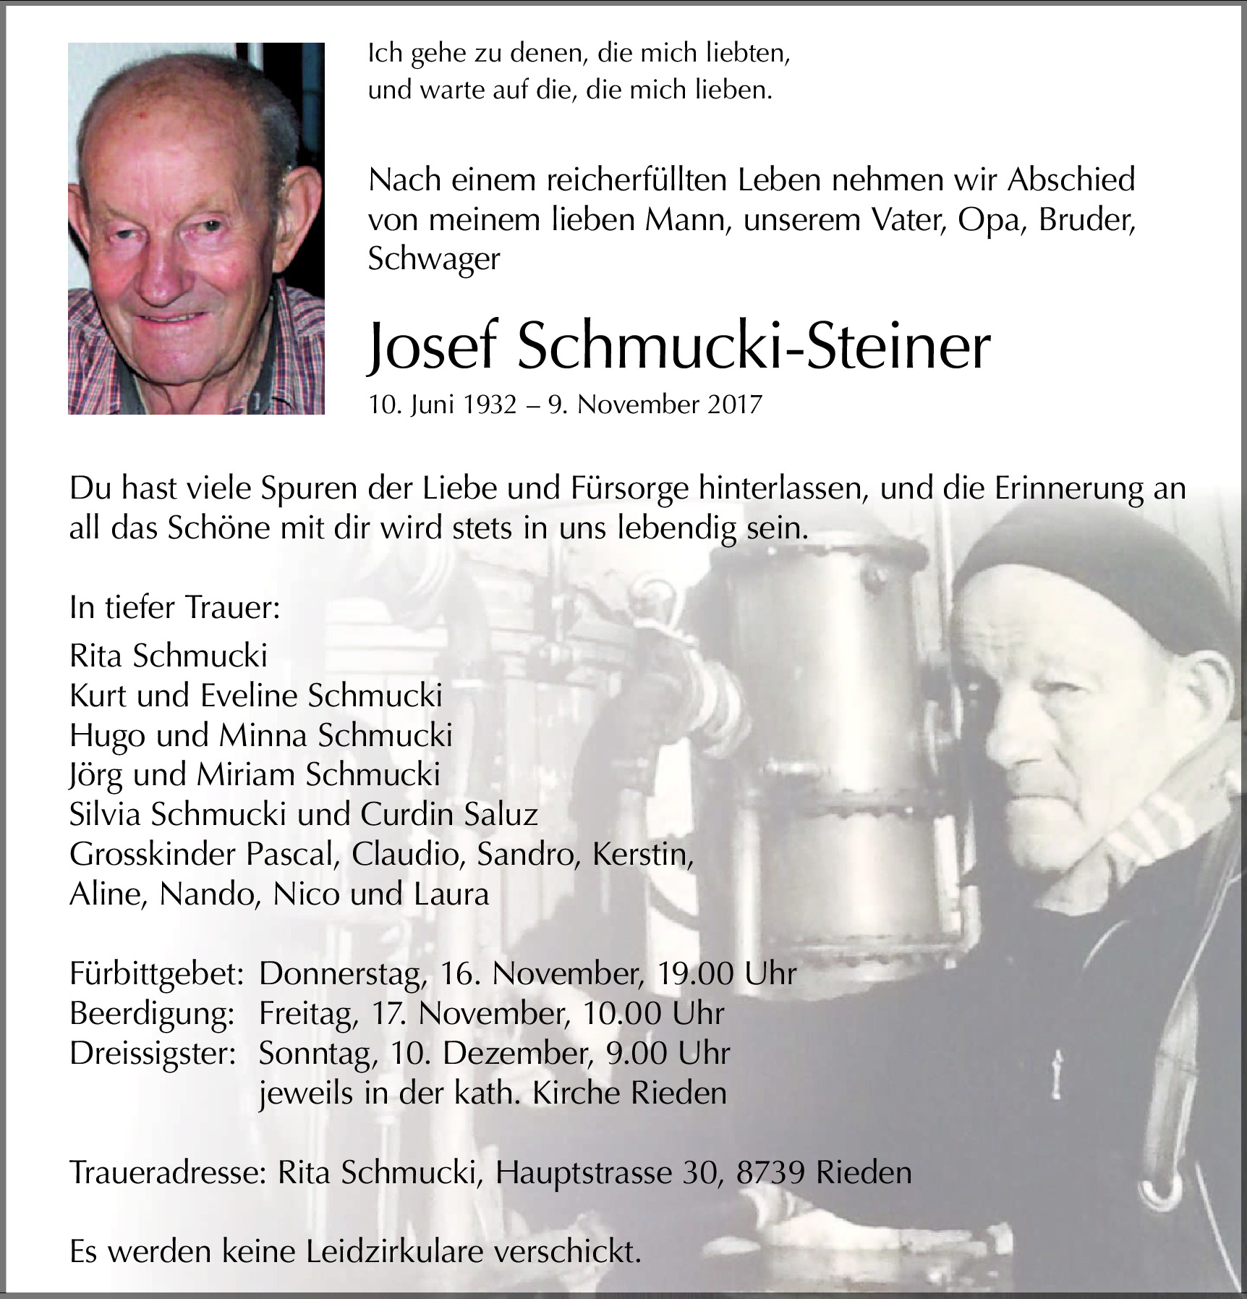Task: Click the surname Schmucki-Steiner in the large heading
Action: [x=752, y=348]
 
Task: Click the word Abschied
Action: [x=1071, y=180]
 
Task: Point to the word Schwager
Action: [x=433, y=259]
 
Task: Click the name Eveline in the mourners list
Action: [x=249, y=696]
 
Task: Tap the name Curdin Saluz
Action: [x=449, y=816]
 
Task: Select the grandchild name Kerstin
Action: [x=642, y=855]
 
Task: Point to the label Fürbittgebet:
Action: [x=156, y=974]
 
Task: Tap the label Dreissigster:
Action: [x=153, y=1054]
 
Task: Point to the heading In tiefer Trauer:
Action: [x=174, y=608]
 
